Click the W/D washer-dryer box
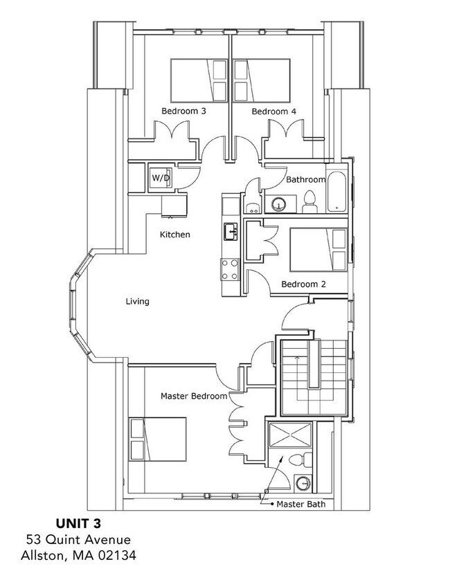click(161, 178)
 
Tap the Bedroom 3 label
click(183, 111)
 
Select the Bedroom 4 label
click(269, 111)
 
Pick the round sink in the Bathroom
click(278, 204)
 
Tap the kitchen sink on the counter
click(229, 231)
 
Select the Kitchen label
click(174, 235)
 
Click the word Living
click(137, 301)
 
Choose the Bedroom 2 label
click(303, 284)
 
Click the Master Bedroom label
click(193, 396)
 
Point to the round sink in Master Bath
click(303, 482)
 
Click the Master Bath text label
click(300, 504)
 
